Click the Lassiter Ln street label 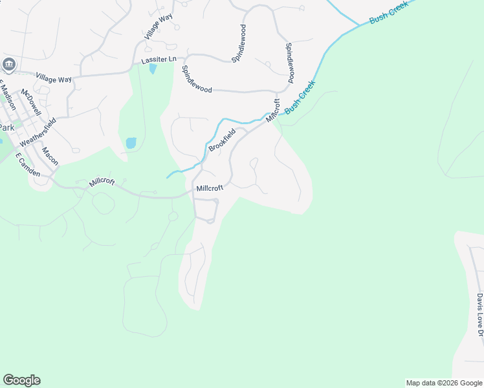pos(159,59)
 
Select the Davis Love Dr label pos(479,314)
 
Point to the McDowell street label pos(31,102)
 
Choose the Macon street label pos(50,156)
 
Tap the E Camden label pos(27,166)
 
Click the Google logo pos(21,380)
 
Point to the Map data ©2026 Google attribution pos(444,383)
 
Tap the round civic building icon pos(9,64)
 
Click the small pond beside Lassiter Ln pos(153,68)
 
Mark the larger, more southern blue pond pos(131,143)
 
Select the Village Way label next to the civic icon pos(54,78)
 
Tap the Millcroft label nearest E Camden pos(102,182)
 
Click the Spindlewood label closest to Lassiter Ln pos(197,80)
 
